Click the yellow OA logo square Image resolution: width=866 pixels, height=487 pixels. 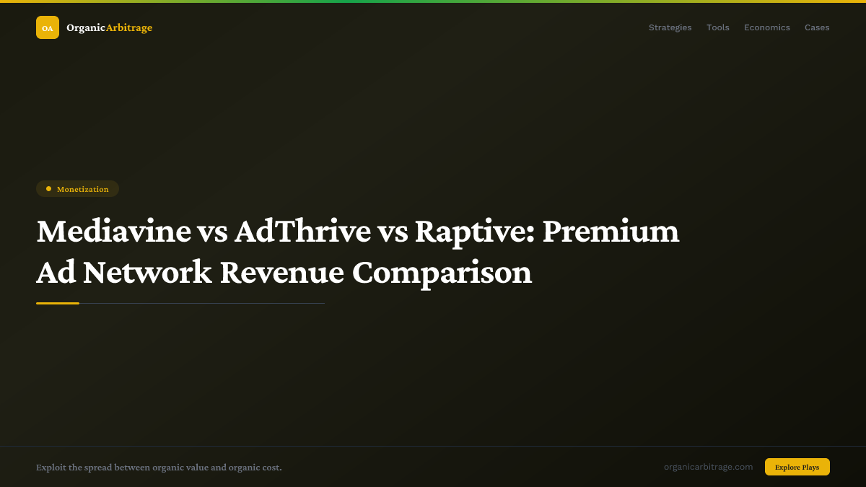(48, 27)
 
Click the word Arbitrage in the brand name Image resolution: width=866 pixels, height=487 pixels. (129, 27)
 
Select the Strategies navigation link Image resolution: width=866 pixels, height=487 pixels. (670, 27)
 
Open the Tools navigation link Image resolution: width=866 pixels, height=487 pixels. (717, 27)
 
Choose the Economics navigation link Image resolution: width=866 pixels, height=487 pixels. (766, 27)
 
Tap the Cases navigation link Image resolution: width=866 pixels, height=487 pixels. (817, 27)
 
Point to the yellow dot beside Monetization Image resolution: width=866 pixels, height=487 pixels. (48, 189)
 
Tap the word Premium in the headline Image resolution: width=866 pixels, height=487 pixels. (611, 232)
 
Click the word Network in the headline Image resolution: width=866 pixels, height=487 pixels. (147, 273)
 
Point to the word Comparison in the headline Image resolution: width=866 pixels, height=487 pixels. (442, 273)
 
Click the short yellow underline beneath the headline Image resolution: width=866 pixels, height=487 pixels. (58, 303)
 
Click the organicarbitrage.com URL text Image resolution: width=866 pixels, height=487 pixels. (708, 467)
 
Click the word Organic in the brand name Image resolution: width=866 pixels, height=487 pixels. (86, 27)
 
